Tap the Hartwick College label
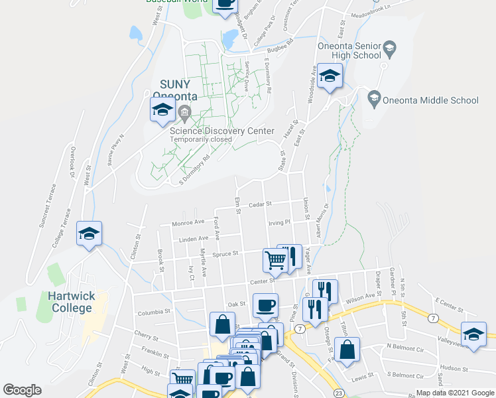(69, 302)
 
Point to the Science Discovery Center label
(221, 131)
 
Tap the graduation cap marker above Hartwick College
(89, 235)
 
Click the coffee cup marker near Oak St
(266, 306)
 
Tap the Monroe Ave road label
(188, 224)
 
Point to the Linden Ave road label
(194, 237)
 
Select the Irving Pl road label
(279, 223)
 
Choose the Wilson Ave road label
(361, 298)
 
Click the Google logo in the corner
(23, 390)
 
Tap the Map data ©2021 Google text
(456, 393)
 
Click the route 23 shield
(339, 393)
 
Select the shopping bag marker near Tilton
(347, 350)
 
